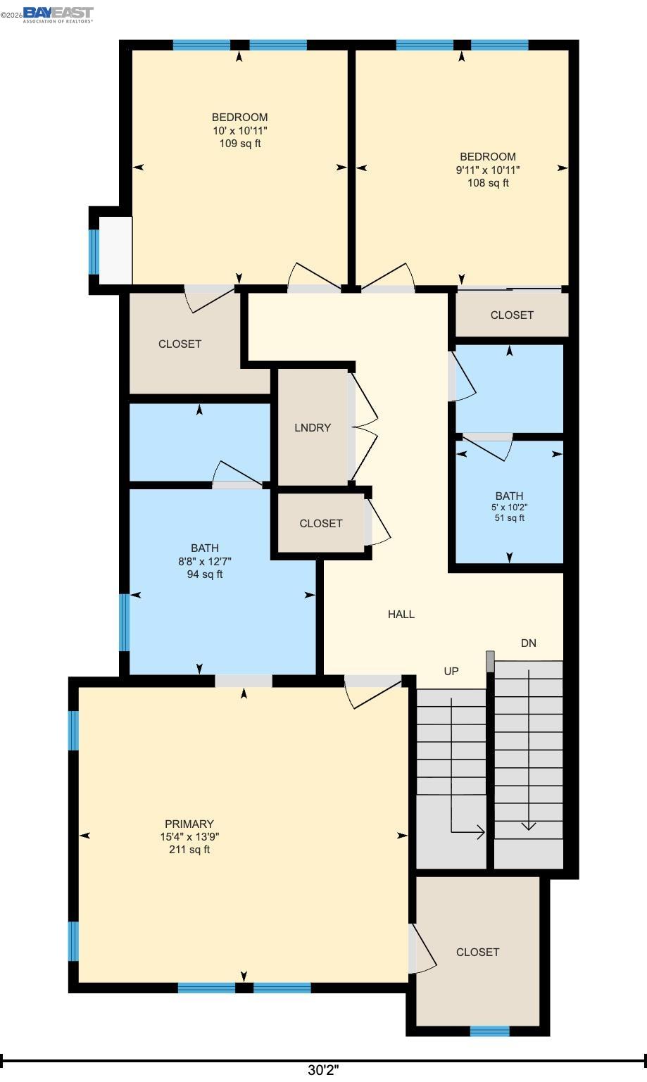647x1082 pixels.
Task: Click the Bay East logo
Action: point(58,14)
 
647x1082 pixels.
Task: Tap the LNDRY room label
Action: point(312,428)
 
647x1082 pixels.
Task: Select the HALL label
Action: point(401,615)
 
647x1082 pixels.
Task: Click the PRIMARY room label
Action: point(189,824)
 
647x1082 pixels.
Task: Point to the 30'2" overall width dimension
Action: point(323,1070)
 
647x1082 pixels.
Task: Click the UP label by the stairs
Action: point(451,672)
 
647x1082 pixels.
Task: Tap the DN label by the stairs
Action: point(528,643)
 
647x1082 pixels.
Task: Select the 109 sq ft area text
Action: point(239,144)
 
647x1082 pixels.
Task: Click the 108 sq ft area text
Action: point(488,183)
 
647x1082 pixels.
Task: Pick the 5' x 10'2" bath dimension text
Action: point(509,507)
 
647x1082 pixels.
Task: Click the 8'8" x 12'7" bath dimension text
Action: point(205,561)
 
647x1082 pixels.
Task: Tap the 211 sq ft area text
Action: point(189,850)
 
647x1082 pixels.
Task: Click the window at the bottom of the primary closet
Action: point(489,1031)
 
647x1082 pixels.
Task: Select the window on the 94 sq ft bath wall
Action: point(125,622)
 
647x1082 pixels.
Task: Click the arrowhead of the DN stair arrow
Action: point(528,826)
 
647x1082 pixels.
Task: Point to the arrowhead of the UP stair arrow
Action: point(481,832)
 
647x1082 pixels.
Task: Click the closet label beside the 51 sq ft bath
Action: point(512,315)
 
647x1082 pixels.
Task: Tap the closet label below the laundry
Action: point(320,524)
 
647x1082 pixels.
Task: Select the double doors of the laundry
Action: point(364,427)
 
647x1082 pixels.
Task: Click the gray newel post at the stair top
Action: point(490,660)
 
